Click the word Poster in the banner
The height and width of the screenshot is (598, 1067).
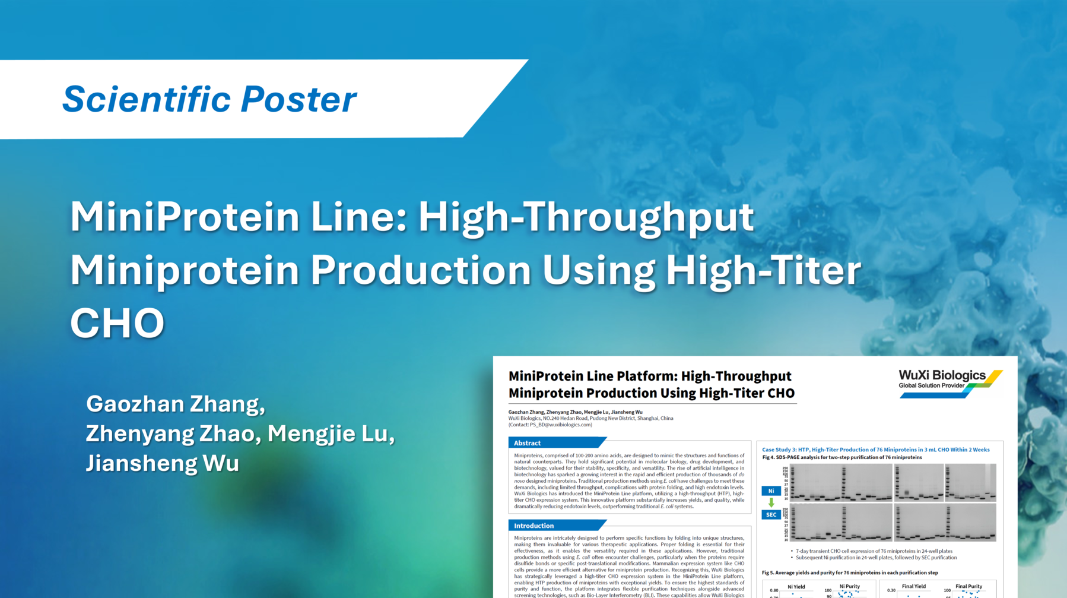coord(298,99)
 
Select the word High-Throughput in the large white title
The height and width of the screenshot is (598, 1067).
coord(586,216)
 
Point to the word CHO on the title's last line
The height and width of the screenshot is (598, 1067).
coord(117,322)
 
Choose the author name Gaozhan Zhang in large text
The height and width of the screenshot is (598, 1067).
coord(175,404)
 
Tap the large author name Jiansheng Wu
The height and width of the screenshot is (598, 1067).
coord(162,463)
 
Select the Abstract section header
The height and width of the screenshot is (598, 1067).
coord(527,443)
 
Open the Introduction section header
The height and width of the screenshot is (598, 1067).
coord(533,526)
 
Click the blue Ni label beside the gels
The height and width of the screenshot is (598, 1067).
coord(771,491)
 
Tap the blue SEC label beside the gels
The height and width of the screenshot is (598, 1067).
coord(771,515)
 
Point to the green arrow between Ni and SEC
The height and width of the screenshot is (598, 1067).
coord(771,502)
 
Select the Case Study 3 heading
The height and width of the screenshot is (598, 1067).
coord(875,450)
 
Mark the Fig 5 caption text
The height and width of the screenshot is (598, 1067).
coord(850,572)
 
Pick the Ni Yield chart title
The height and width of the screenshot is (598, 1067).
coord(796,587)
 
